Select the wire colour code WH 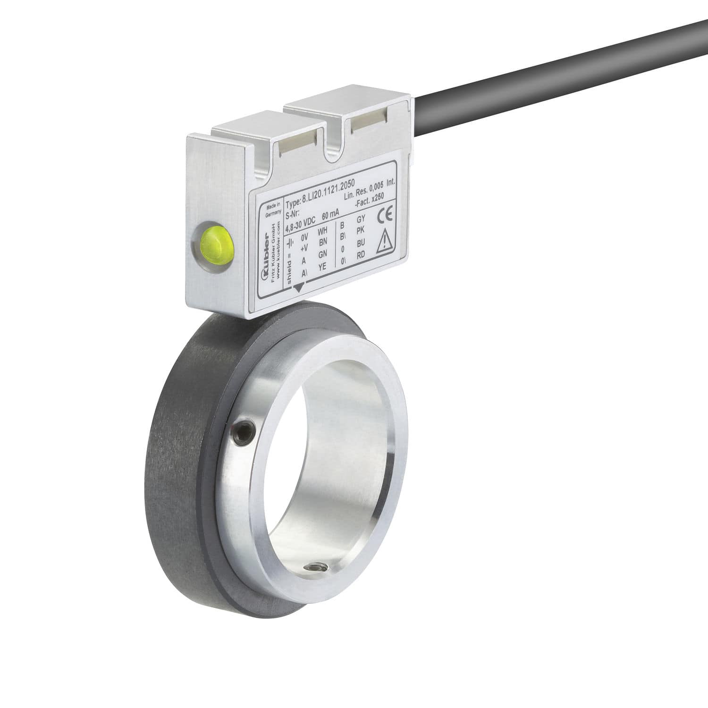click(322, 231)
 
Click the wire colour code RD click(360, 255)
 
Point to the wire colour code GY click(361, 219)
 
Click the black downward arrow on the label click(299, 287)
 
